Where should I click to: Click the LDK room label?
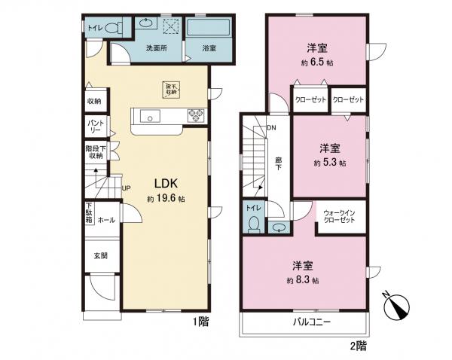(166, 183)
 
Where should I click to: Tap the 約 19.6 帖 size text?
(166, 199)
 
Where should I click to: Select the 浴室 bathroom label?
(209, 48)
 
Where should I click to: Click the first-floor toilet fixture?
(113, 29)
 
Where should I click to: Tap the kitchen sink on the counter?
(149, 117)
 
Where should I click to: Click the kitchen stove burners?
(195, 116)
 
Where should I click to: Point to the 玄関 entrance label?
(100, 255)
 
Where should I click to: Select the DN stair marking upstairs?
(270, 128)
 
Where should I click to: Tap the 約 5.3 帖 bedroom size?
(329, 163)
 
